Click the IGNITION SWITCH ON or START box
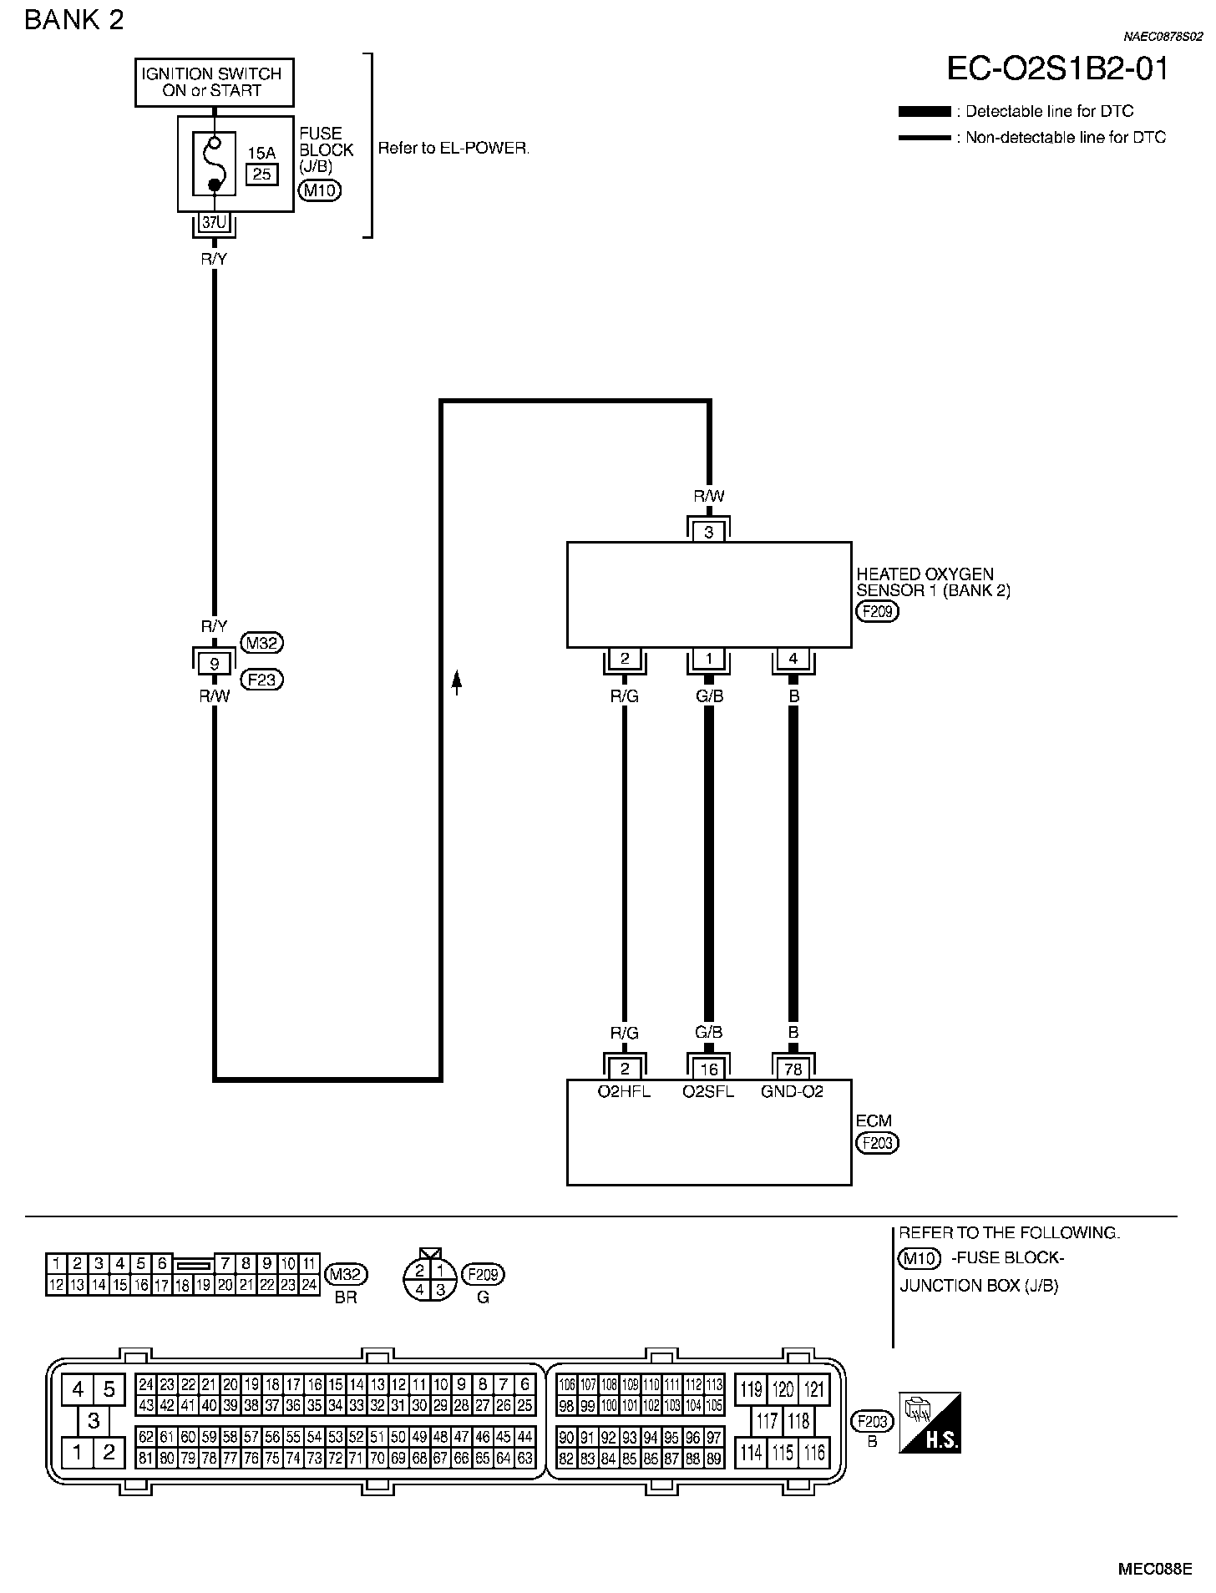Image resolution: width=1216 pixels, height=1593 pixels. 215,83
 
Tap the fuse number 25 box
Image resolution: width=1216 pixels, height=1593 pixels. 262,174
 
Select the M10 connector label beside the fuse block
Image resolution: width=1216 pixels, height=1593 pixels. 320,190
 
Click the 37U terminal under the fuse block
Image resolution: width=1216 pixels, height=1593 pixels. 215,222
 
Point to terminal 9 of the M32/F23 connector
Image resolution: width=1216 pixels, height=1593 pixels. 215,664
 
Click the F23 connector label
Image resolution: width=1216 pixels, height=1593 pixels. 262,680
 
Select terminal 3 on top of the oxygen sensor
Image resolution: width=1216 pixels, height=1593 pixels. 709,532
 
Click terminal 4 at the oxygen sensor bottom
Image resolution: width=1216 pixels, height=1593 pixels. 793,659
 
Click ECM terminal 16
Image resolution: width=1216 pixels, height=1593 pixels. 709,1070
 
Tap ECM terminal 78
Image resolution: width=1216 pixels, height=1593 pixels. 793,1070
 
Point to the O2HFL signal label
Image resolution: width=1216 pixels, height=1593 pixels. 625,1091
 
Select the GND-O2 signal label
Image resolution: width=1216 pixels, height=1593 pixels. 793,1091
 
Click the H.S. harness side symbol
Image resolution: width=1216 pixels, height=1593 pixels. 930,1423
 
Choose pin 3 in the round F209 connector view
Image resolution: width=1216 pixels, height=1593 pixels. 441,1290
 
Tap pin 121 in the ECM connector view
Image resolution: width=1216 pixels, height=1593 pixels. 814,1389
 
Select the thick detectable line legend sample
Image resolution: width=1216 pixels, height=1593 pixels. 925,111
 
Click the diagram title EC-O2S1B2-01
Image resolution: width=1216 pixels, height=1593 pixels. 1057,68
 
